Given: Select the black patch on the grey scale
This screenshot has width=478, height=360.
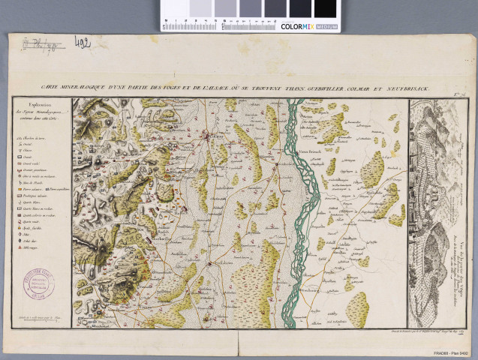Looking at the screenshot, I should pos(326,8).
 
